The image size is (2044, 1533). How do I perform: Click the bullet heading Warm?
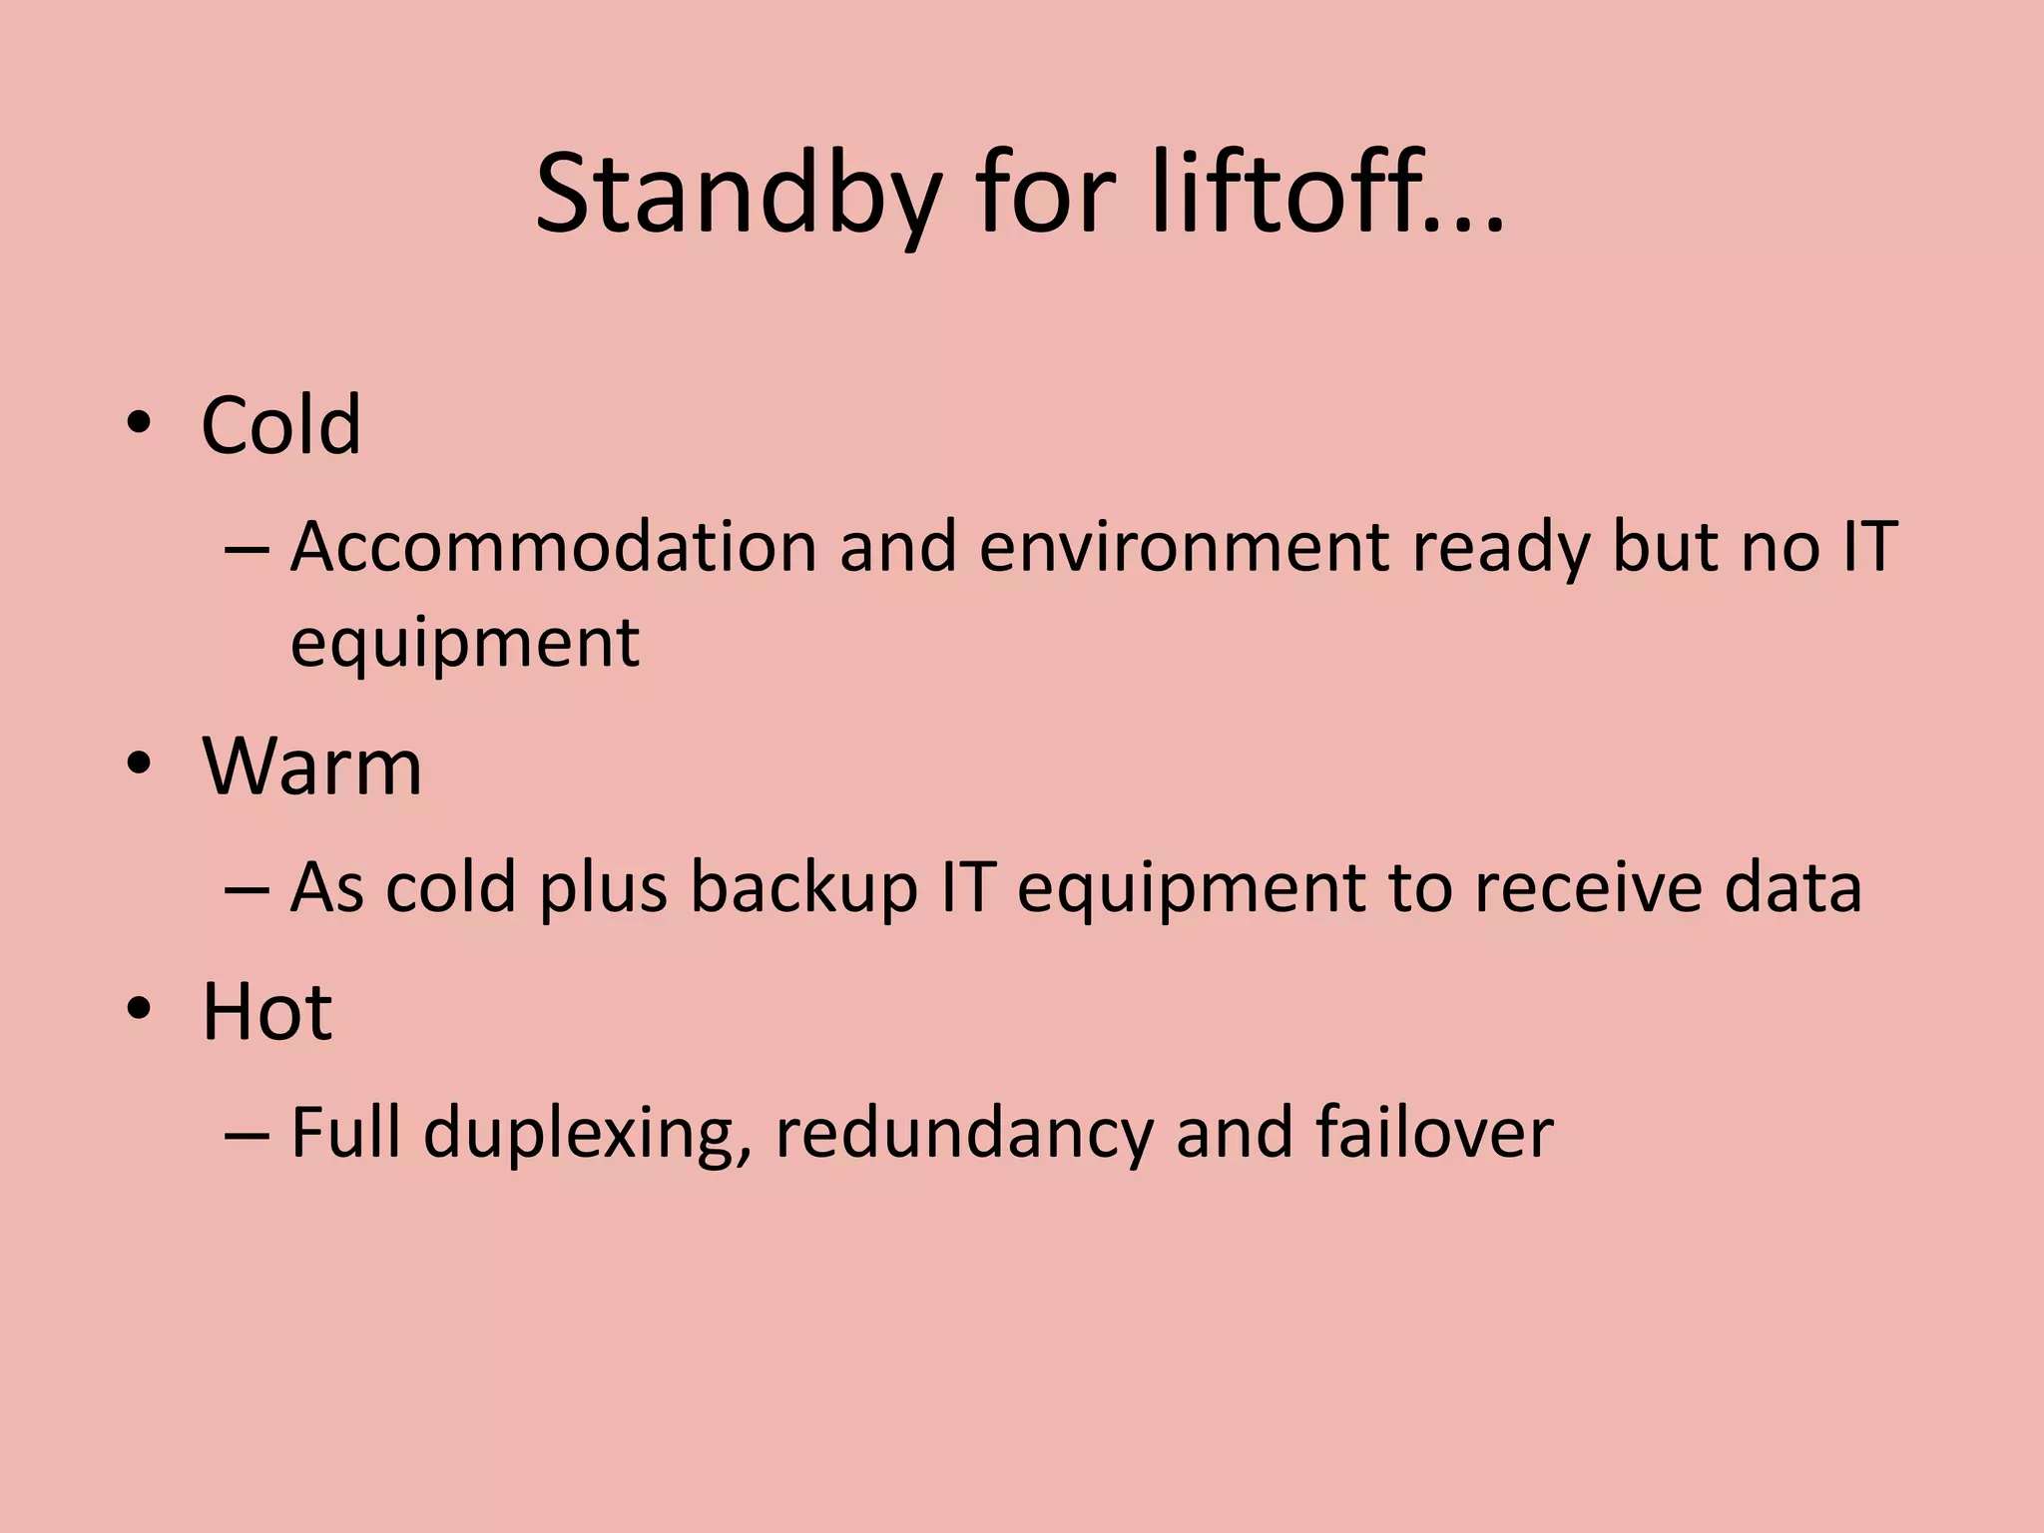click(x=312, y=766)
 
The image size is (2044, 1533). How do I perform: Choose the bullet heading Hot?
click(x=266, y=1012)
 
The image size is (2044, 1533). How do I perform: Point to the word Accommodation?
click(x=553, y=547)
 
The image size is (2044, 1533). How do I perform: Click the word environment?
click(x=1184, y=547)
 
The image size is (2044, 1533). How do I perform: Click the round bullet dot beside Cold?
click(x=139, y=423)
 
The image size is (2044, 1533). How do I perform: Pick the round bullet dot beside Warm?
click(x=139, y=765)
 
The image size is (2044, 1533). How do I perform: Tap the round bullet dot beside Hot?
click(x=139, y=1009)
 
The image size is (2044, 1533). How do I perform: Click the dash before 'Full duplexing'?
click(x=248, y=1135)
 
